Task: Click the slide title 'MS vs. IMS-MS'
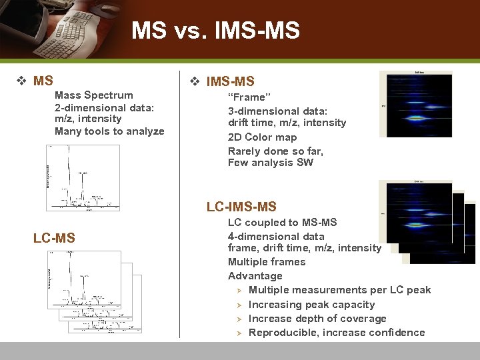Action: [215, 31]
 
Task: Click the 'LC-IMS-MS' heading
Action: [241, 207]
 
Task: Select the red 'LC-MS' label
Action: [54, 238]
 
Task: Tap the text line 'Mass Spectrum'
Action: [94, 95]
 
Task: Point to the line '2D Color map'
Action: [262, 137]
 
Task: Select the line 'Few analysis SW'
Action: [270, 163]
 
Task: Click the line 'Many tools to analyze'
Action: [109, 131]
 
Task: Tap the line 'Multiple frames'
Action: [267, 262]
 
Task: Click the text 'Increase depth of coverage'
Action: [317, 319]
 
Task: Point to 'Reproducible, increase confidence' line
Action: [336, 333]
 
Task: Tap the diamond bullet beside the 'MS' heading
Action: [21, 81]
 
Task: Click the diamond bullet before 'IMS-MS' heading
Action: [195, 82]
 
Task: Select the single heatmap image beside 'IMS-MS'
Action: [415, 104]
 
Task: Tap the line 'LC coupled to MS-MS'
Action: [282, 223]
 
